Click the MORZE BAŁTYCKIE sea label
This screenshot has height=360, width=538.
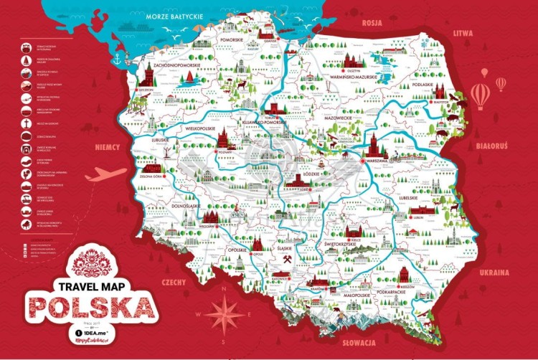[174, 15]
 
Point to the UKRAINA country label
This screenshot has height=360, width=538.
[495, 273]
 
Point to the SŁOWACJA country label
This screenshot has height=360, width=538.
[360, 343]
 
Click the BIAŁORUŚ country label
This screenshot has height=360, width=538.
[492, 146]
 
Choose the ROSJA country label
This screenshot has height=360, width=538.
[372, 22]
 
